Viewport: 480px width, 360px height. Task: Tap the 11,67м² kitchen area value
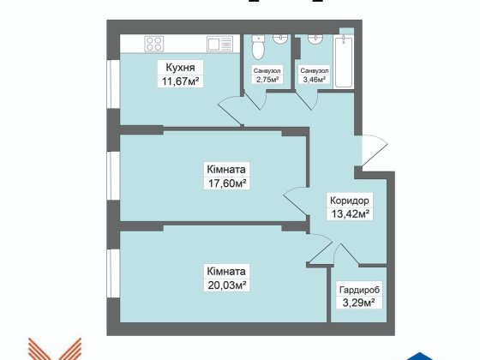pyautogui.click(x=178, y=81)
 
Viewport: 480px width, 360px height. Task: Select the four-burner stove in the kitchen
pyautogui.click(x=155, y=43)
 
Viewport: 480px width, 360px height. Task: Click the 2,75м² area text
pyautogui.click(x=265, y=83)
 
